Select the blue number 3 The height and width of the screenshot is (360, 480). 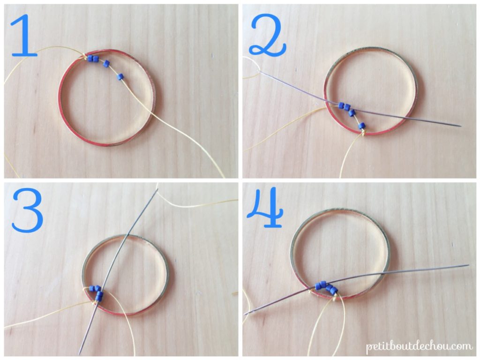coord(27,212)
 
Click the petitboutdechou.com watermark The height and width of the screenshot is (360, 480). coord(419,346)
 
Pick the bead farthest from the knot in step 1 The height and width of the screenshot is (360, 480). coord(120,76)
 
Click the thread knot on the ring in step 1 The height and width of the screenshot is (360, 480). coord(86,57)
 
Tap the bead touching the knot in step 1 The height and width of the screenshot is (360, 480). coord(90,59)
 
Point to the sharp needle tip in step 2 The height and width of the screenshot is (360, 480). coord(460,126)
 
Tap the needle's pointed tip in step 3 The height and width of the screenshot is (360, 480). coord(80,353)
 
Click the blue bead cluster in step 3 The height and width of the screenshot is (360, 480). coord(97,292)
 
